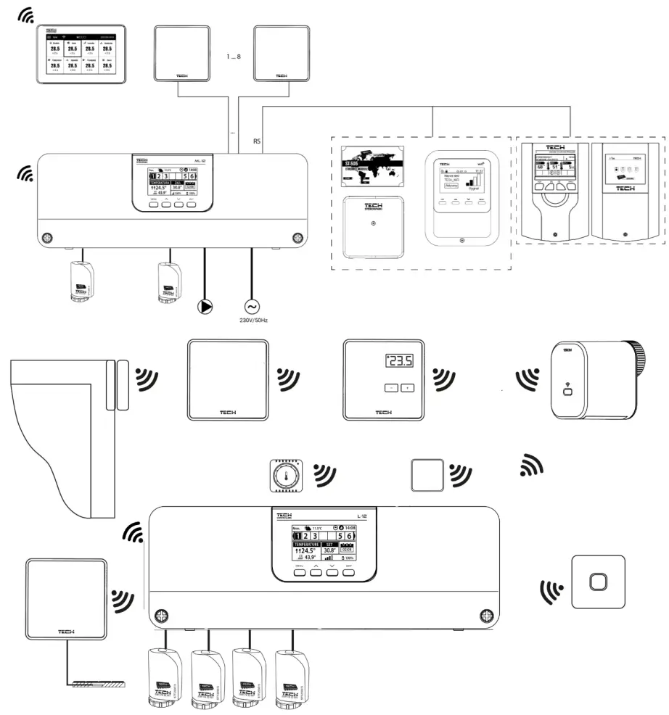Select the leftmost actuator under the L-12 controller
[x=167, y=675]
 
